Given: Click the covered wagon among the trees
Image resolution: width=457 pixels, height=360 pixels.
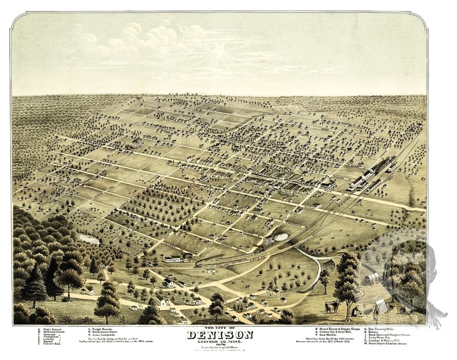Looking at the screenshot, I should click(x=371, y=278).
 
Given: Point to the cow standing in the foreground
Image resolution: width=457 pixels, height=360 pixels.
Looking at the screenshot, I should click(x=331, y=306).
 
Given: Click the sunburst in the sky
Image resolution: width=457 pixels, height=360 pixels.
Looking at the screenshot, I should click(x=220, y=52).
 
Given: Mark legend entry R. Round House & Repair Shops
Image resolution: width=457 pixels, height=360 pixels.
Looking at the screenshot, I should click(x=337, y=330).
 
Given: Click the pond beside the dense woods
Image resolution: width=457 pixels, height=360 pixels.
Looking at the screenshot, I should click(x=89, y=239).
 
